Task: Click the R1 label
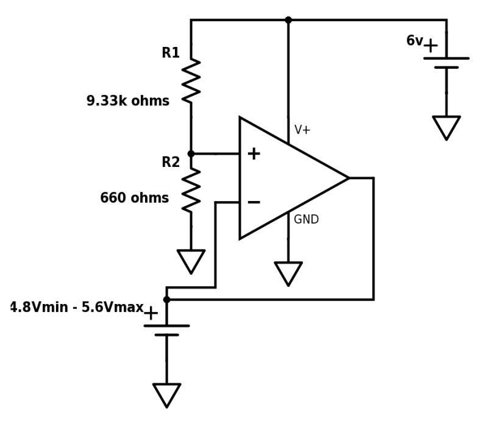click(171, 53)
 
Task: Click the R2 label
click(171, 163)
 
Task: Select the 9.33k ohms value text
click(128, 101)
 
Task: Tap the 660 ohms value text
click(134, 198)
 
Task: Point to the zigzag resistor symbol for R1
click(191, 80)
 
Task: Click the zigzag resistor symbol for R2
click(191, 189)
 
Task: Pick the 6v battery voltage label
click(414, 41)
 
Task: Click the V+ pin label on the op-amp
click(302, 130)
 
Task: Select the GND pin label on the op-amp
click(306, 220)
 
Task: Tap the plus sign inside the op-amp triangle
click(254, 154)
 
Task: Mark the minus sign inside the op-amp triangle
click(254, 202)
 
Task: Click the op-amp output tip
click(348, 178)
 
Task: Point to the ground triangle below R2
click(191, 261)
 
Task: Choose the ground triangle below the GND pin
click(288, 273)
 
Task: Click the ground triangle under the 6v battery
click(446, 127)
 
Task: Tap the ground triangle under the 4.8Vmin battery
click(166, 394)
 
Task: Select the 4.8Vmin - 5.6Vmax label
click(77, 308)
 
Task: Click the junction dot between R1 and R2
click(191, 154)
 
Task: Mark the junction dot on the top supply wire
click(288, 20)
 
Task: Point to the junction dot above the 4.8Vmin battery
click(166, 299)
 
